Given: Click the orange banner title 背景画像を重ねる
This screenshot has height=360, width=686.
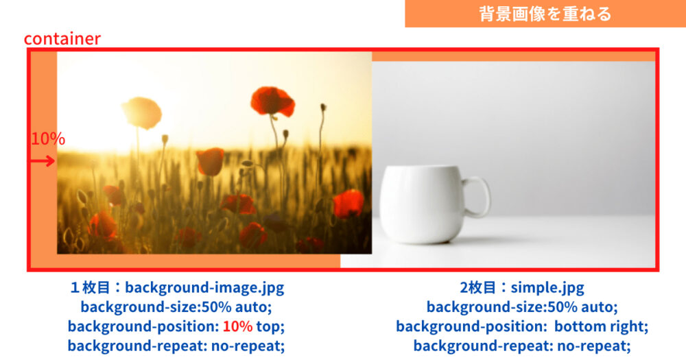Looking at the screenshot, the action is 545,14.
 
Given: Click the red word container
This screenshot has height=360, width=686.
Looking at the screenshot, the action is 62,39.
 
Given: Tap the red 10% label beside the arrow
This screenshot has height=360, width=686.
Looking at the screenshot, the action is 48,139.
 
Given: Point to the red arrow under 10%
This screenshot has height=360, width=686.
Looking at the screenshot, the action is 43,161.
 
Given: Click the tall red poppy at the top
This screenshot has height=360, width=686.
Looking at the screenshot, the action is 272,101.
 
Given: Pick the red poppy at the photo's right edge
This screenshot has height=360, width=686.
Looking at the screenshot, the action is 348,204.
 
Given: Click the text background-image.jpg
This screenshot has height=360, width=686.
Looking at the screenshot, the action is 204,287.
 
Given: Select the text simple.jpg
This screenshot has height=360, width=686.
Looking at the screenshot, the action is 547,287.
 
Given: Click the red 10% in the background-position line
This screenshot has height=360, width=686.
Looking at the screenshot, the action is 237,326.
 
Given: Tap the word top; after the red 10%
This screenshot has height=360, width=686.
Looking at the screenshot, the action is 270,327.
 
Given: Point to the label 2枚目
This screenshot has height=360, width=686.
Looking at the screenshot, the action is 477,287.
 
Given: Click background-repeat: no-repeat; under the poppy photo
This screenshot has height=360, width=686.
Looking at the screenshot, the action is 176,346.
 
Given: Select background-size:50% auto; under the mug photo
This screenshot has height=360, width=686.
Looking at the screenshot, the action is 522,307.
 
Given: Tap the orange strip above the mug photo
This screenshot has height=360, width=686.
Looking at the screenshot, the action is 513,56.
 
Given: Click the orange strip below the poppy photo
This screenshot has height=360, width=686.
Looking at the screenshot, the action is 199,261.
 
